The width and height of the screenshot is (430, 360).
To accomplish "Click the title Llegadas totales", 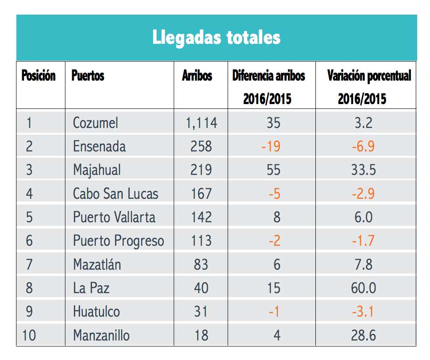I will coord(216,37).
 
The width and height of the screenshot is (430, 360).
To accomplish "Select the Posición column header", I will coord(38,76).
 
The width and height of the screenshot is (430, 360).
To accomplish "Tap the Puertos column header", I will coord(88,76).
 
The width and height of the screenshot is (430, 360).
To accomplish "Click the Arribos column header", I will coord(197,76).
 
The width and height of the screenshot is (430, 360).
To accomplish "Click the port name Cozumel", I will coord(95,122).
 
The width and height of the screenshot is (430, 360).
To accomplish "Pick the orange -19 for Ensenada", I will coord(271,146).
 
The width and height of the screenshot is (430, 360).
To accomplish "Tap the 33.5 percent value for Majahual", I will coord(364,170).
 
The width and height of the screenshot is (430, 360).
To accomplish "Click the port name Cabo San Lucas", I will coord(115,194).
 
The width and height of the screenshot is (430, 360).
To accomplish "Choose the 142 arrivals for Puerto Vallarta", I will coord(201,217).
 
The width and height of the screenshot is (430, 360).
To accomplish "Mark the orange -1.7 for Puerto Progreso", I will coord(363,240).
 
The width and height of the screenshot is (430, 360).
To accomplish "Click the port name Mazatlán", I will coord(97,264).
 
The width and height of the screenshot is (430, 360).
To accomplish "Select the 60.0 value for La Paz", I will coord(363,288).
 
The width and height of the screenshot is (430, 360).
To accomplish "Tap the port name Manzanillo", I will coord(101,335).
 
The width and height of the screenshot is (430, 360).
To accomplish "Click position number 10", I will coord(29,335).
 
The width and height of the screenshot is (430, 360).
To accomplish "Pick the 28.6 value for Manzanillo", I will coord(364,335).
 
